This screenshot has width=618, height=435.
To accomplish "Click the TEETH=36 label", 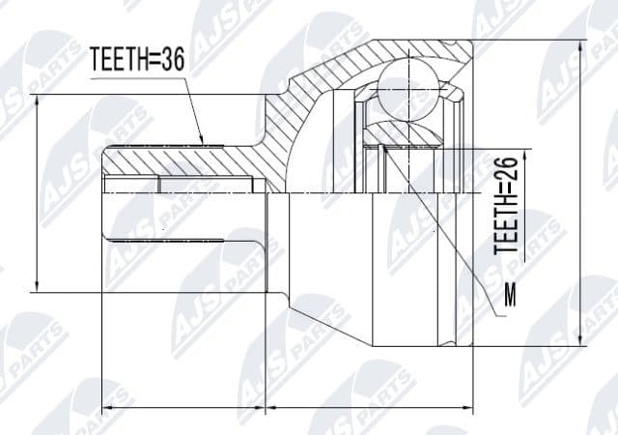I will [136, 61].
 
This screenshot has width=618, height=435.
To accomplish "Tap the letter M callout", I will [510, 293].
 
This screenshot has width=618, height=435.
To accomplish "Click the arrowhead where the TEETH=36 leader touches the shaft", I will [202, 141].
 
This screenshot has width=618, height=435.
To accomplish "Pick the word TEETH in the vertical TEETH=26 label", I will [508, 231].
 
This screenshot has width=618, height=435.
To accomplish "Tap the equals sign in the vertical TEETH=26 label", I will [508, 193].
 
